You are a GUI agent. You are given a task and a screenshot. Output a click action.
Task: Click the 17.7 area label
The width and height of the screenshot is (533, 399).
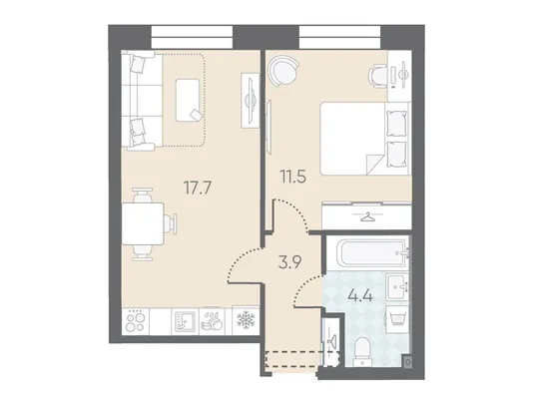[x=198, y=188]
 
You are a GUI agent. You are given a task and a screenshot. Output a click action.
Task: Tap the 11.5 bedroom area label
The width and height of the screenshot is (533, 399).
[x=293, y=177]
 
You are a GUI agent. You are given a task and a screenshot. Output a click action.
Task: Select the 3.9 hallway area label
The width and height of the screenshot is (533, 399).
[x=289, y=262]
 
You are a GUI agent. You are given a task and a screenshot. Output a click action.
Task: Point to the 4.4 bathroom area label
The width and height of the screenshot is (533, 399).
[x=360, y=295]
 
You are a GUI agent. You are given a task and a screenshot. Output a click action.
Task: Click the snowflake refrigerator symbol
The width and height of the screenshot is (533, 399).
[x=246, y=320]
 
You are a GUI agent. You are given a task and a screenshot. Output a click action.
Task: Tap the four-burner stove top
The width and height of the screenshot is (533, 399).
[x=136, y=321]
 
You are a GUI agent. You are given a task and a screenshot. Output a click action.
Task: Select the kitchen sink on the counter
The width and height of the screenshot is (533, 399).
[x=185, y=321]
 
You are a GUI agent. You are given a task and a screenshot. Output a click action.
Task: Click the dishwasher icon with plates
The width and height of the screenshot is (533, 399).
[x=212, y=320]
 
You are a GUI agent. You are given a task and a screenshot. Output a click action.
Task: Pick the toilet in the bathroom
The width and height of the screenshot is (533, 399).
[x=363, y=351]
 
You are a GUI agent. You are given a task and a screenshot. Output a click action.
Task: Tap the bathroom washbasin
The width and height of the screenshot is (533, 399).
[x=397, y=287]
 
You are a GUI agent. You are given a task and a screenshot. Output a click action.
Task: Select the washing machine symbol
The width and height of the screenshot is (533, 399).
[x=397, y=319]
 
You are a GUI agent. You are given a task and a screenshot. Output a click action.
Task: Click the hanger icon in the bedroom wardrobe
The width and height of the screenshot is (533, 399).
[x=366, y=216]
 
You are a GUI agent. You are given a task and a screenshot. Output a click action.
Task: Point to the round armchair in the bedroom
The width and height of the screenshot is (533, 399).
[x=283, y=71]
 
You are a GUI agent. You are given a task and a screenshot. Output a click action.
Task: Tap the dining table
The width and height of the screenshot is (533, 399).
[x=143, y=223]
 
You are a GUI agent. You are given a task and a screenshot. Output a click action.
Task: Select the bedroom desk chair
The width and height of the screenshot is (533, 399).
[x=378, y=77]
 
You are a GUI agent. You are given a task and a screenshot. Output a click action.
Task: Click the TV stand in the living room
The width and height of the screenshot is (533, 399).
[x=250, y=101]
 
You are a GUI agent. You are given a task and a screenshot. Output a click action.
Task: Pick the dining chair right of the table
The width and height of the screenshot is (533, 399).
[x=171, y=223]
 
